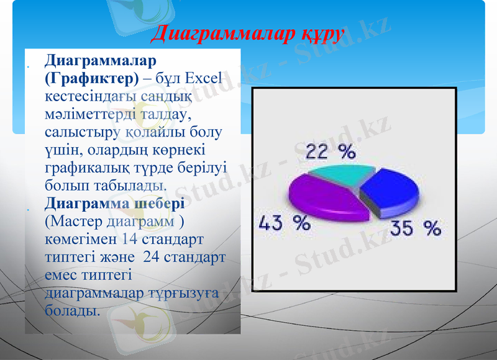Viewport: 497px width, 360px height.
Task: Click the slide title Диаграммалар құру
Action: coord(247,34)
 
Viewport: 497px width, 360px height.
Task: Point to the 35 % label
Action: coord(415,229)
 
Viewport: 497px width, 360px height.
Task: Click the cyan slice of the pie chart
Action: coord(335,175)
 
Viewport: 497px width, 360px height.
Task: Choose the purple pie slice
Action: coord(323,197)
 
